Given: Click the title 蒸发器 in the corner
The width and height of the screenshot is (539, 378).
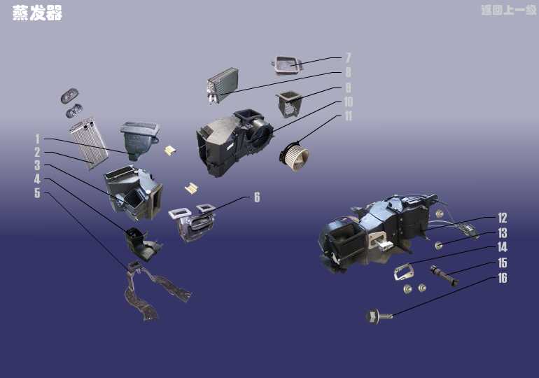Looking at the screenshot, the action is [x=37, y=13].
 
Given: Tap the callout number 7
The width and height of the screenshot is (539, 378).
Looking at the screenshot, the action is [x=348, y=57].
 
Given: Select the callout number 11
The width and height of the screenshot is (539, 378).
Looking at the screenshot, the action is [x=348, y=115].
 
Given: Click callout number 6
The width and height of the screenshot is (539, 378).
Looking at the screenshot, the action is [x=257, y=197].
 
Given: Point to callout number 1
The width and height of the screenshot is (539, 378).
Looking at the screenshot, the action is [x=38, y=139].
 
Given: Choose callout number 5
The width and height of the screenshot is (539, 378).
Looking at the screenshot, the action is [x=37, y=193].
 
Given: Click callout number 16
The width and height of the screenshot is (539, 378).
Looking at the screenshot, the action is [x=502, y=278].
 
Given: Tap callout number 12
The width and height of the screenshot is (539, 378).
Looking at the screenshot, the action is [x=502, y=218].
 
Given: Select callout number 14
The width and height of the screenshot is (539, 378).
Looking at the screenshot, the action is [x=502, y=247].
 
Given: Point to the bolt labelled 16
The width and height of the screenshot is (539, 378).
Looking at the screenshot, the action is [x=379, y=316].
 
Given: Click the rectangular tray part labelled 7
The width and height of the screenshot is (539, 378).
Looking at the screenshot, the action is [x=287, y=65].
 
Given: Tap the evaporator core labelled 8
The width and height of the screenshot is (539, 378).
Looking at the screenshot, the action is [x=223, y=85].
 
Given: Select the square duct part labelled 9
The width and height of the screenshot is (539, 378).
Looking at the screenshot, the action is [x=288, y=104].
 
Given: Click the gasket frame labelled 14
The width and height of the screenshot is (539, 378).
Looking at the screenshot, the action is [x=404, y=272].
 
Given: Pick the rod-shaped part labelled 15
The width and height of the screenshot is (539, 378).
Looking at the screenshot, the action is [x=444, y=276].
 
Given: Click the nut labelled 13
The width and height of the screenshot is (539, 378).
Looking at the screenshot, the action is [x=439, y=246].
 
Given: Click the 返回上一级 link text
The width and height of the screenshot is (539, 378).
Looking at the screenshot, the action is [x=509, y=10].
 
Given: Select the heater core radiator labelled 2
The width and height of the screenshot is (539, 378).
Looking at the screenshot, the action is [x=89, y=143].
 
